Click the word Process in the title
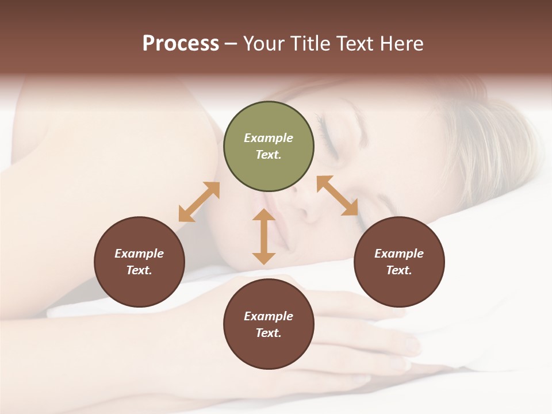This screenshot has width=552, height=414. pyautogui.click(x=181, y=44)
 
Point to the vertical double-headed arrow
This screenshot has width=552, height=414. pyautogui.click(x=264, y=236)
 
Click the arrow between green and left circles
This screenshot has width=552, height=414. pyautogui.click(x=199, y=202)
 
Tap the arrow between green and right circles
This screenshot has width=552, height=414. pyautogui.click(x=338, y=195)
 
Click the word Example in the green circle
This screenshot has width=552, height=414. pyautogui.click(x=269, y=138)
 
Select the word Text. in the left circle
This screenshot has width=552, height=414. pyautogui.click(x=139, y=270)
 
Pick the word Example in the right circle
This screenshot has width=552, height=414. pyautogui.click(x=399, y=254)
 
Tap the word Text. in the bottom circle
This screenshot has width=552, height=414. pyautogui.click(x=269, y=333)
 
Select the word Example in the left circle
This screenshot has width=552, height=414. pyautogui.click(x=139, y=254)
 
